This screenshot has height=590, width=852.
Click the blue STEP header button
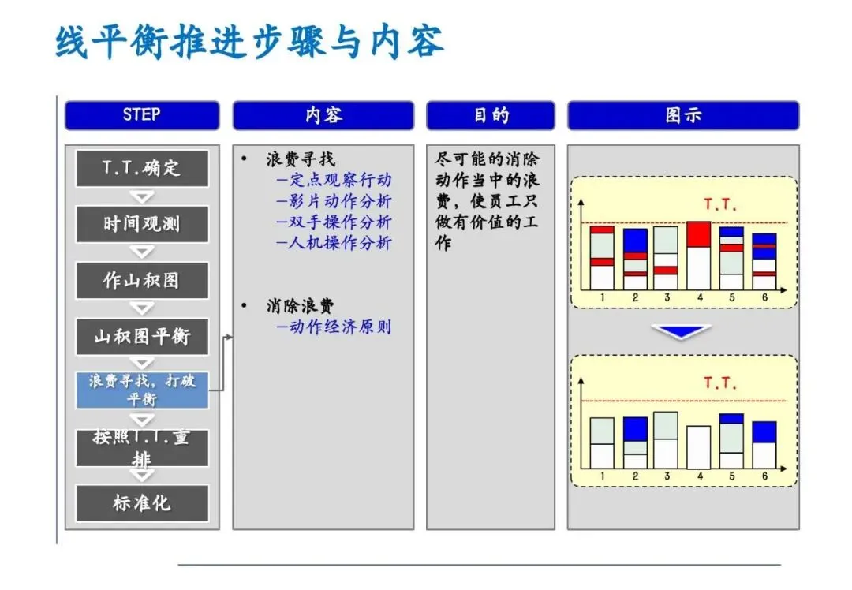pos(142,115)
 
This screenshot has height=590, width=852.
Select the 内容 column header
pos(323,115)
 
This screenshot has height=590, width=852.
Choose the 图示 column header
pos(683,115)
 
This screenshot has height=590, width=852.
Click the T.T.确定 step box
pos(142,168)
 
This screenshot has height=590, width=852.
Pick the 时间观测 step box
pos(142,224)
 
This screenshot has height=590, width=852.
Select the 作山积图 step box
pos(142,280)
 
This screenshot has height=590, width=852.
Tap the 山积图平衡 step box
pos(142,337)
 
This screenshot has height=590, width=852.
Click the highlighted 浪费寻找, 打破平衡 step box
pos(142,390)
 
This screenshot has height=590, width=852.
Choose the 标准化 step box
pos(142,503)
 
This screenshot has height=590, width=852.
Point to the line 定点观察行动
pos(334,181)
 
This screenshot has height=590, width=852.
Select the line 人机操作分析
pos(334,243)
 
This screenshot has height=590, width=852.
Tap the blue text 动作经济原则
pos(334,327)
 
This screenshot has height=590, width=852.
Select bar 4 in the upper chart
pos(699,256)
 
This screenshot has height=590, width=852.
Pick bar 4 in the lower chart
pos(699,447)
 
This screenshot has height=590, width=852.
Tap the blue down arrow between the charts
pos(683,331)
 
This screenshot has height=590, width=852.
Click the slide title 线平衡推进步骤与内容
pos(249,42)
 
